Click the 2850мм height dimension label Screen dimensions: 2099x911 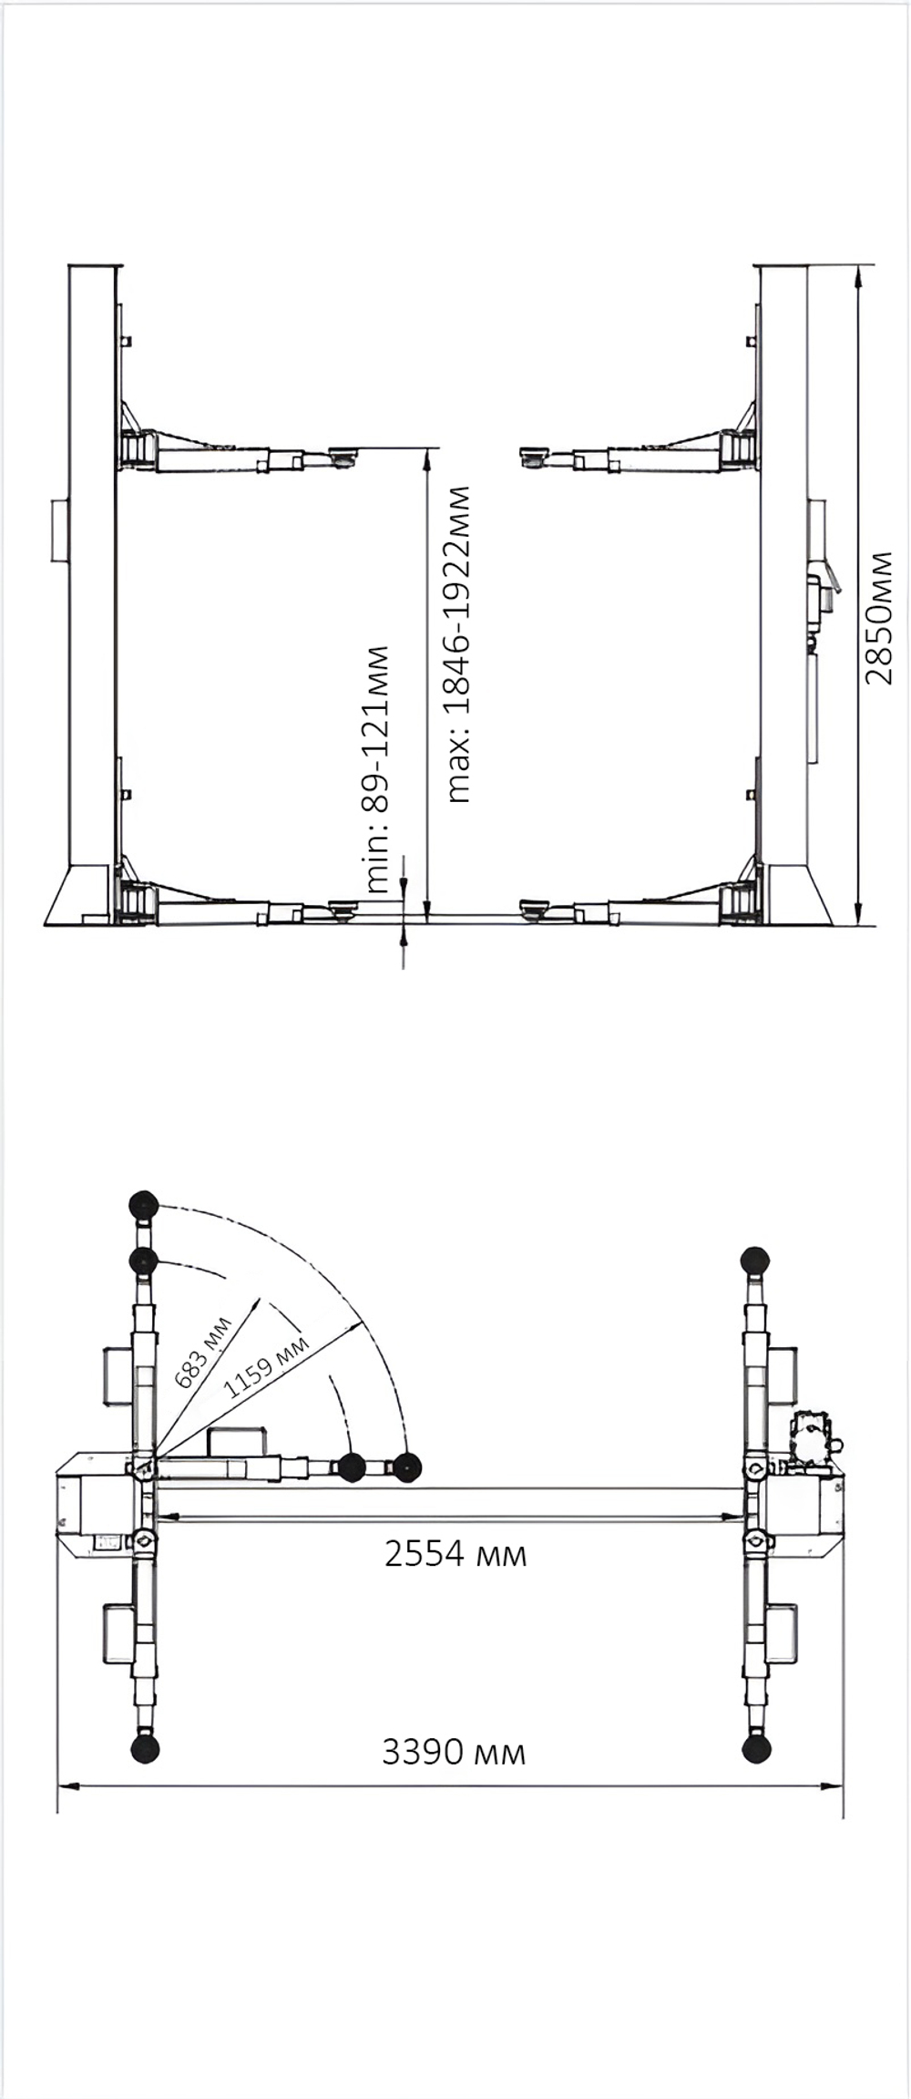[x=880, y=617]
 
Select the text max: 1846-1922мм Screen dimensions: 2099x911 [x=459, y=644]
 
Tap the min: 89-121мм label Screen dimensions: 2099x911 [x=377, y=768]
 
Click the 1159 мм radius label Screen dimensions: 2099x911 [x=266, y=1366]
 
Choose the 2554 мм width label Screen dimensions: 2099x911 [x=455, y=1553]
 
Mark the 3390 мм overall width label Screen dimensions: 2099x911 [x=454, y=1752]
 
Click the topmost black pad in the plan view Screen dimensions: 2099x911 [x=144, y=1205]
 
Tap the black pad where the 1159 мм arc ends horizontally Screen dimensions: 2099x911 [x=407, y=1468]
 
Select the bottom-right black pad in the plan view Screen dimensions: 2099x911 [x=756, y=1748]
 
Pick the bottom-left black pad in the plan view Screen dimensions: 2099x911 [x=145, y=1748]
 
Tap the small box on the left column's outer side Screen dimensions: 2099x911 [x=58, y=530]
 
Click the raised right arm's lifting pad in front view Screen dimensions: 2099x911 [x=534, y=454]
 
